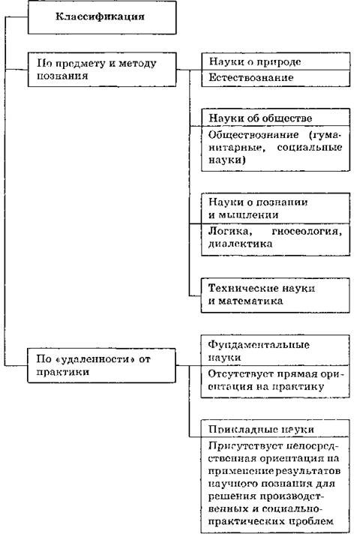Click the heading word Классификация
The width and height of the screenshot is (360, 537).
100,16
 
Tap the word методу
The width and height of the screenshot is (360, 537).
137,64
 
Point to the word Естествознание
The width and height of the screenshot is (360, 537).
251,77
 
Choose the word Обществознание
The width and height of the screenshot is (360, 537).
253,134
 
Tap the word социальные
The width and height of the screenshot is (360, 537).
309,147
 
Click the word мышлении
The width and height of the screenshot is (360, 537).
248,215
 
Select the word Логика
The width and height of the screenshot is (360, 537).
230,232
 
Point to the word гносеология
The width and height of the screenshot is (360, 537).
307,232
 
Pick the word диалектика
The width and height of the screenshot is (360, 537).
240,244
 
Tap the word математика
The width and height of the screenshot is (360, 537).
250,301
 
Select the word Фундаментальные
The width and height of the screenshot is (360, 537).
259,344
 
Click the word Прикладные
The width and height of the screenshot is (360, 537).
243,430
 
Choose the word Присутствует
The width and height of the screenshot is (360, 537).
245,445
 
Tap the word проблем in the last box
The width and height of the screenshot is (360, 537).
310,521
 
